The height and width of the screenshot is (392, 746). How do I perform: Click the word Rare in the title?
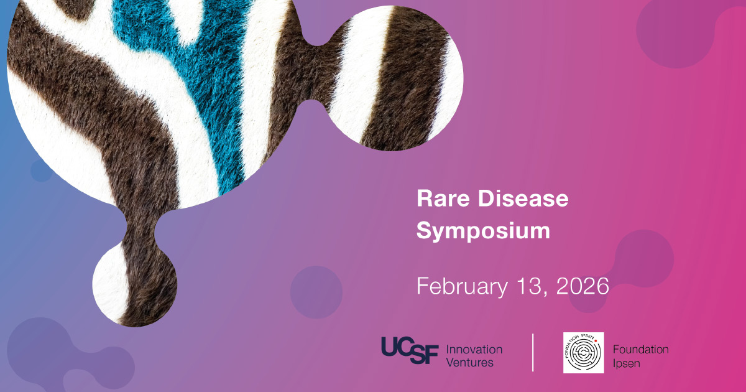click(x=443, y=198)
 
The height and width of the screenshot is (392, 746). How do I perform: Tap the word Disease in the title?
click(x=523, y=198)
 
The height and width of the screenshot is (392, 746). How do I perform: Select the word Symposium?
click(x=483, y=231)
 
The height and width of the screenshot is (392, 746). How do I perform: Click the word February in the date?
click(x=463, y=287)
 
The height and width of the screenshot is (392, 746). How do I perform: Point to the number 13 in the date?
click(x=529, y=286)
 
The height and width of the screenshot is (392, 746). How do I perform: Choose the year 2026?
click(x=583, y=286)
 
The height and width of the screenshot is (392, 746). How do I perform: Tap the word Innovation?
click(x=474, y=349)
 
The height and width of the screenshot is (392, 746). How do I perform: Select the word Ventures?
click(x=469, y=362)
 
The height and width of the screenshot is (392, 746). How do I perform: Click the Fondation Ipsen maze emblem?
click(x=584, y=353)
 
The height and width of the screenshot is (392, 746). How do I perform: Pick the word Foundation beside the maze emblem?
click(x=641, y=349)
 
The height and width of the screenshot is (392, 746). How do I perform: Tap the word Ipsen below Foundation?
click(x=627, y=363)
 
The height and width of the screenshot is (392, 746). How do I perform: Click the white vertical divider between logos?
click(x=533, y=352)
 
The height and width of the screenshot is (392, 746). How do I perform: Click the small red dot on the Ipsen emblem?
click(x=596, y=341)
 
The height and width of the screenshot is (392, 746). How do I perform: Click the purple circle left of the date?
click(x=316, y=292)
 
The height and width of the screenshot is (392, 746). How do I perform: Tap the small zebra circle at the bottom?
click(x=134, y=284)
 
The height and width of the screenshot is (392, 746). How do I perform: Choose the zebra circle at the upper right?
click(x=392, y=78)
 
